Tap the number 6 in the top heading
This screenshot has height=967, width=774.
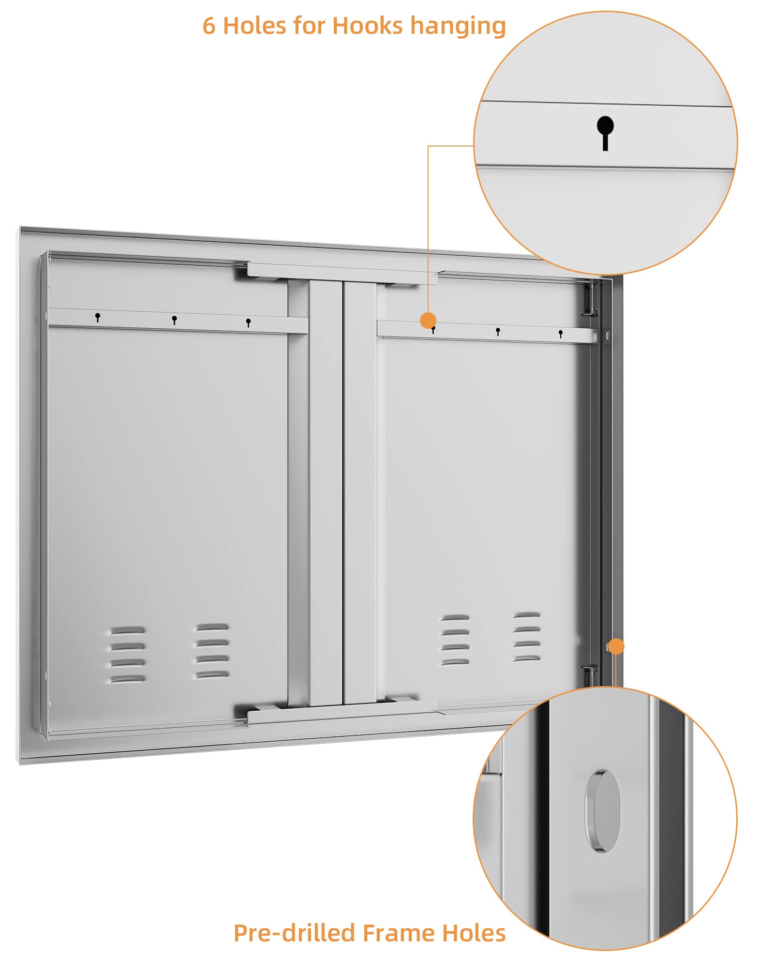pos(208,26)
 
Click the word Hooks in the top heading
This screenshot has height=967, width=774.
pos(367,26)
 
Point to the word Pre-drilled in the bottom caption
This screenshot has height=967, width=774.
pos(295,934)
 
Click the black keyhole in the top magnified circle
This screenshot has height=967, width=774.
pos(605,133)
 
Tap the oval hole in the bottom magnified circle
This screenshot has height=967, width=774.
pos(602,811)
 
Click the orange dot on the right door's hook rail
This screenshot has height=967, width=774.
pos(428,320)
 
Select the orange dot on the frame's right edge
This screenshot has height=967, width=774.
pos(616,646)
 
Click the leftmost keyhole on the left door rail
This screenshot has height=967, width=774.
pos(98,317)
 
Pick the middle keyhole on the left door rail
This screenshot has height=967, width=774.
pos(175,320)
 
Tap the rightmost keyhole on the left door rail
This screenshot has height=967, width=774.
pos(248,322)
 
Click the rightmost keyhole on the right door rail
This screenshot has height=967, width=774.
pos(561,334)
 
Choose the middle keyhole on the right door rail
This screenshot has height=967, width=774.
pos(498,332)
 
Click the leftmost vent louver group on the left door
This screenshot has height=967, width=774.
pos(127,655)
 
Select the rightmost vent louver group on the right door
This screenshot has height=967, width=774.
pos(527,637)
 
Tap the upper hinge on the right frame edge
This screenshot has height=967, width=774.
pos(591,300)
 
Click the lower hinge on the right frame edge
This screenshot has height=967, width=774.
pos(590,675)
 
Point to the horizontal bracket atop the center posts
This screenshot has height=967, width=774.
pos(342,274)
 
